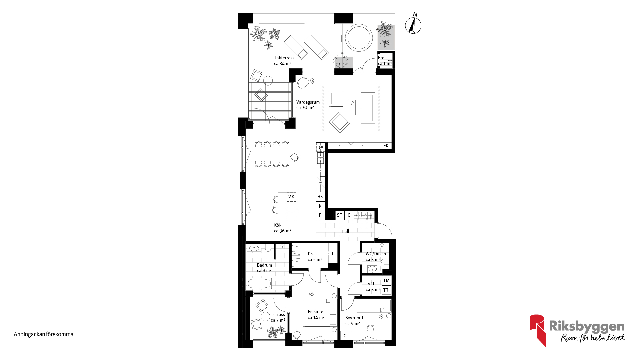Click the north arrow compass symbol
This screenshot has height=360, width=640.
413,25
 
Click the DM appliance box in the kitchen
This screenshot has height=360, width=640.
321,147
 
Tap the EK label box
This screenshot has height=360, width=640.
386,146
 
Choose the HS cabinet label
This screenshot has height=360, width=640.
320,197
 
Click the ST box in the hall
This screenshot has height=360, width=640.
340,215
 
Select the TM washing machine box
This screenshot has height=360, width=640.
386,281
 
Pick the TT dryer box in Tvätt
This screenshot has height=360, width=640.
386,290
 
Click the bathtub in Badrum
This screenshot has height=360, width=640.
259,284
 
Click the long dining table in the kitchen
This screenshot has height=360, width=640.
271,154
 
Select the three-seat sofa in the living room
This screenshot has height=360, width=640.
368,108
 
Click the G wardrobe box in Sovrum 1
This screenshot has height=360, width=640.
345,336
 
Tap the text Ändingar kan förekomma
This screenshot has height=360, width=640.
44,334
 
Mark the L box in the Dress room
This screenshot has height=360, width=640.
333,254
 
